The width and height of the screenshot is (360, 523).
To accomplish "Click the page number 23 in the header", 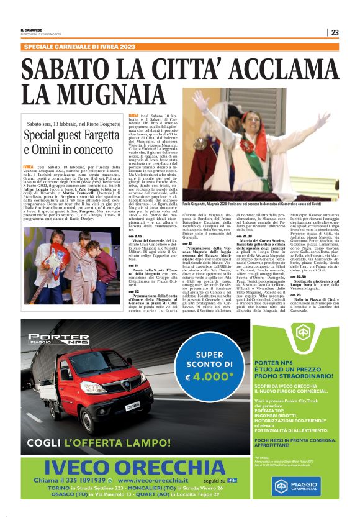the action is pos(335,32).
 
